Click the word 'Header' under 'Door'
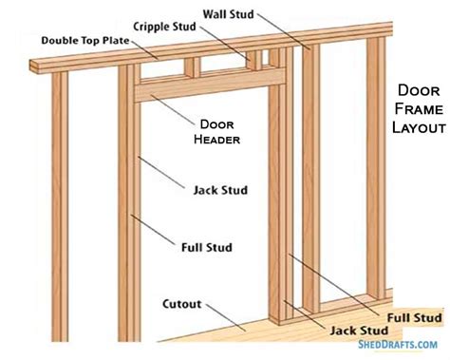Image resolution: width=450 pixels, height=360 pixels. point(219,139)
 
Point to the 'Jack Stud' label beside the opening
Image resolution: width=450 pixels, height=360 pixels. point(220,190)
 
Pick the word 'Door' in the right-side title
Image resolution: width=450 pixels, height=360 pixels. point(417,92)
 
